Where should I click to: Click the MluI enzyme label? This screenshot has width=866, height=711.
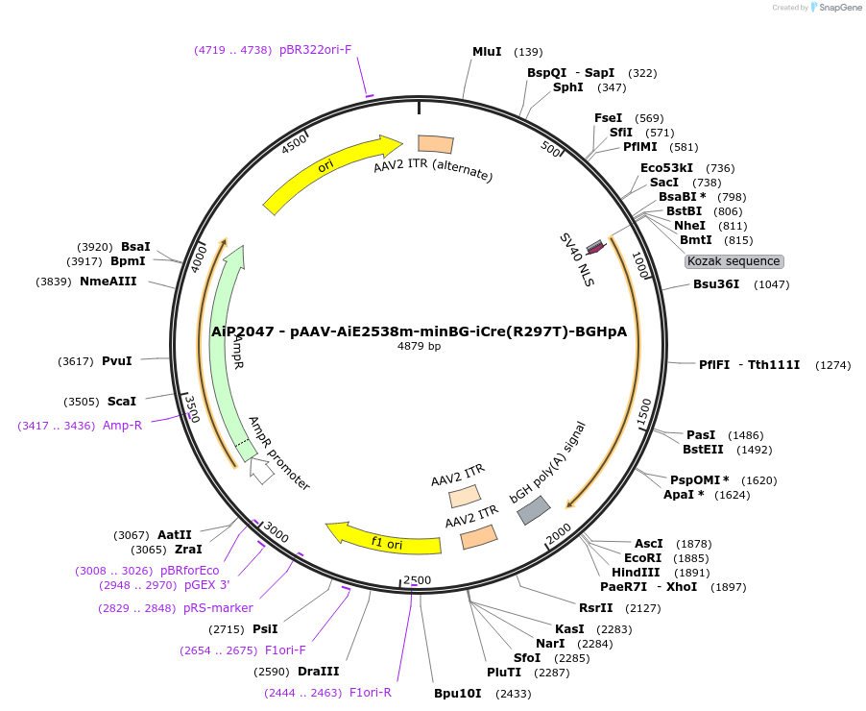click(x=487, y=52)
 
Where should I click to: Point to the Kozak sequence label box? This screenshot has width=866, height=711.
click(x=734, y=261)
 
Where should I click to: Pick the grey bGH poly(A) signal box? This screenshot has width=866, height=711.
click(x=534, y=510)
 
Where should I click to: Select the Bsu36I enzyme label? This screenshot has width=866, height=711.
click(x=716, y=284)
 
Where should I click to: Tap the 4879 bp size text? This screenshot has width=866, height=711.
click(x=420, y=346)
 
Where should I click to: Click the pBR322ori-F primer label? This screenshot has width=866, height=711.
click(x=316, y=50)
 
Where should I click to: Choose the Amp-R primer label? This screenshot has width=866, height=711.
click(x=122, y=425)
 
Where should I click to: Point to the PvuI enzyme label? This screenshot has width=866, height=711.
click(x=117, y=360)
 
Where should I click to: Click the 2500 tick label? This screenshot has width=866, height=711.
click(x=417, y=579)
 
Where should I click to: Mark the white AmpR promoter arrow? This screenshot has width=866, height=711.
click(x=260, y=471)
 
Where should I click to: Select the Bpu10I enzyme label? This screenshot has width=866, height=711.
click(x=457, y=693)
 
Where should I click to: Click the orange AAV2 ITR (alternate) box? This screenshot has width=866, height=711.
click(x=436, y=144)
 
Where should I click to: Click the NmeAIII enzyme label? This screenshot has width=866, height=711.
click(x=108, y=282)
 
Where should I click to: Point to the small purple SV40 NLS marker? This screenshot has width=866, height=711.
click(x=595, y=247)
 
